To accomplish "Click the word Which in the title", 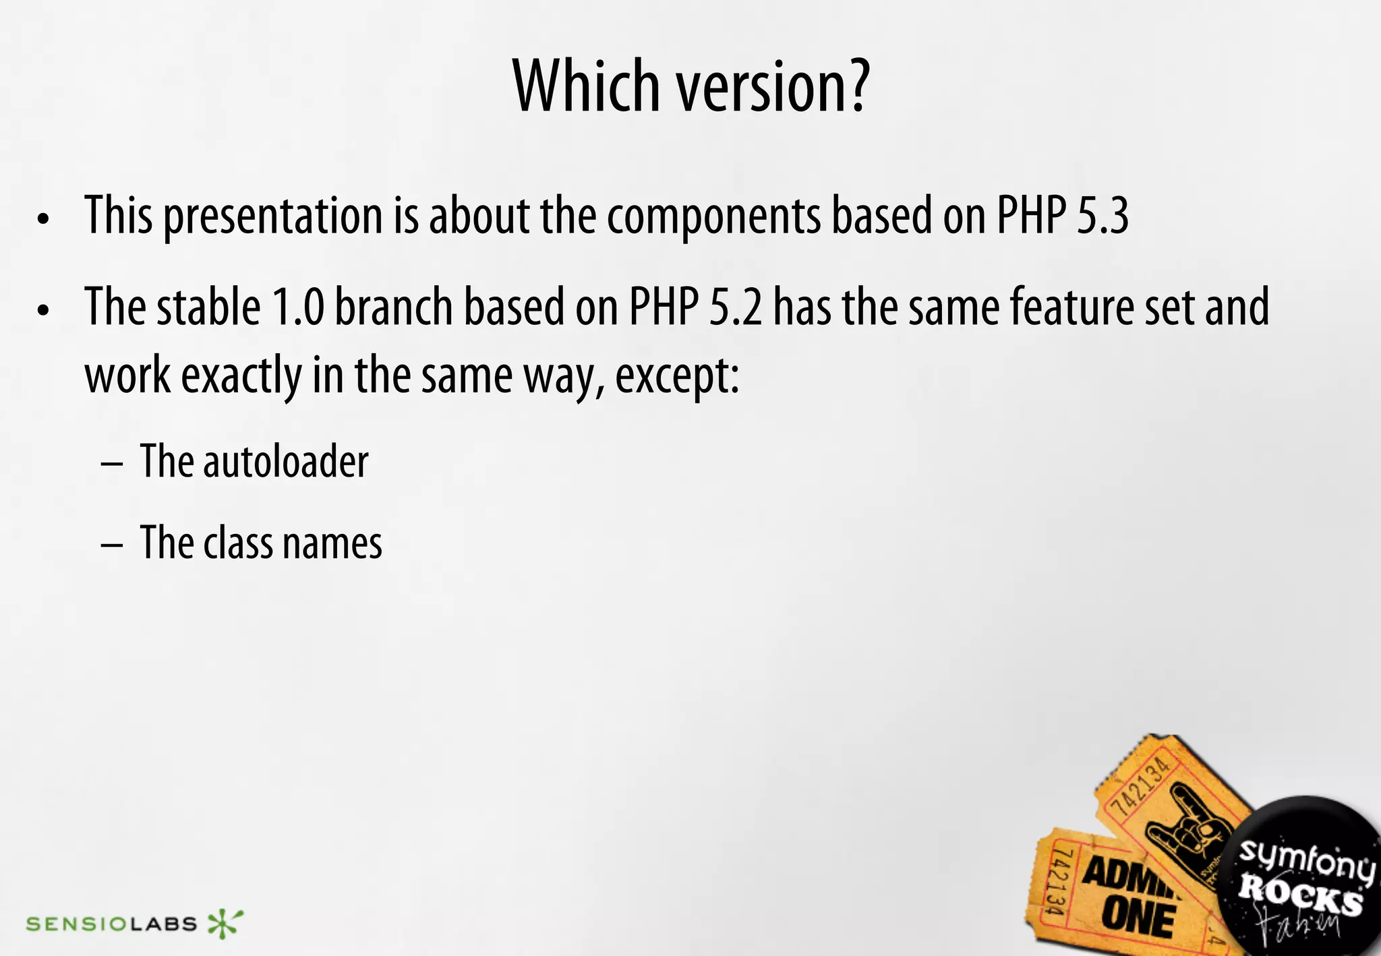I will (585, 86).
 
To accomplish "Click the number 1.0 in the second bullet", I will (298, 307).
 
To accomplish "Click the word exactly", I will (241, 376).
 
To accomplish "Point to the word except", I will (676, 376).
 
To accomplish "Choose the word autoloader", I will (286, 462).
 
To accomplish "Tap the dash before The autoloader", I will (111, 465).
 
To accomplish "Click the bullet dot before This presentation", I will (44, 219).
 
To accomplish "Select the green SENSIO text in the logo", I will (76, 924).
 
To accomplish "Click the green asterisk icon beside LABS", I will (225, 924).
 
